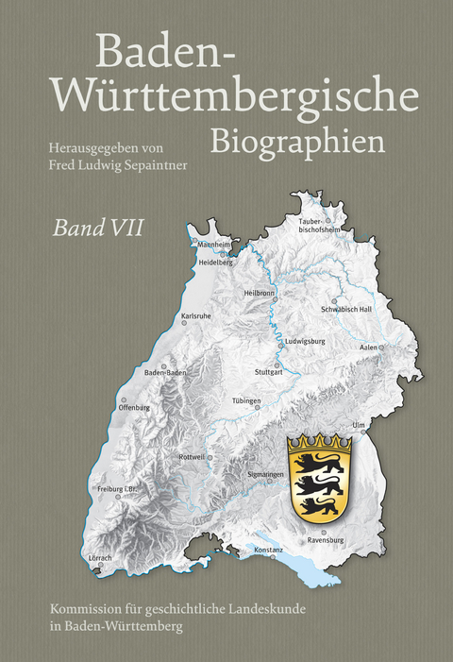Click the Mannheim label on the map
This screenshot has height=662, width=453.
(213, 244)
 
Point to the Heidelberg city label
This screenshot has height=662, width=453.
(215, 263)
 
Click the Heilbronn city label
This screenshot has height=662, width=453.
(259, 293)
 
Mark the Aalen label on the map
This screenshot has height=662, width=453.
(369, 348)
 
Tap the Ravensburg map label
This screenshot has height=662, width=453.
(326, 541)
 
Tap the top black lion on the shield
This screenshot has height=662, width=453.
(317, 464)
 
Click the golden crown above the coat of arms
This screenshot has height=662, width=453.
(319, 442)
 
